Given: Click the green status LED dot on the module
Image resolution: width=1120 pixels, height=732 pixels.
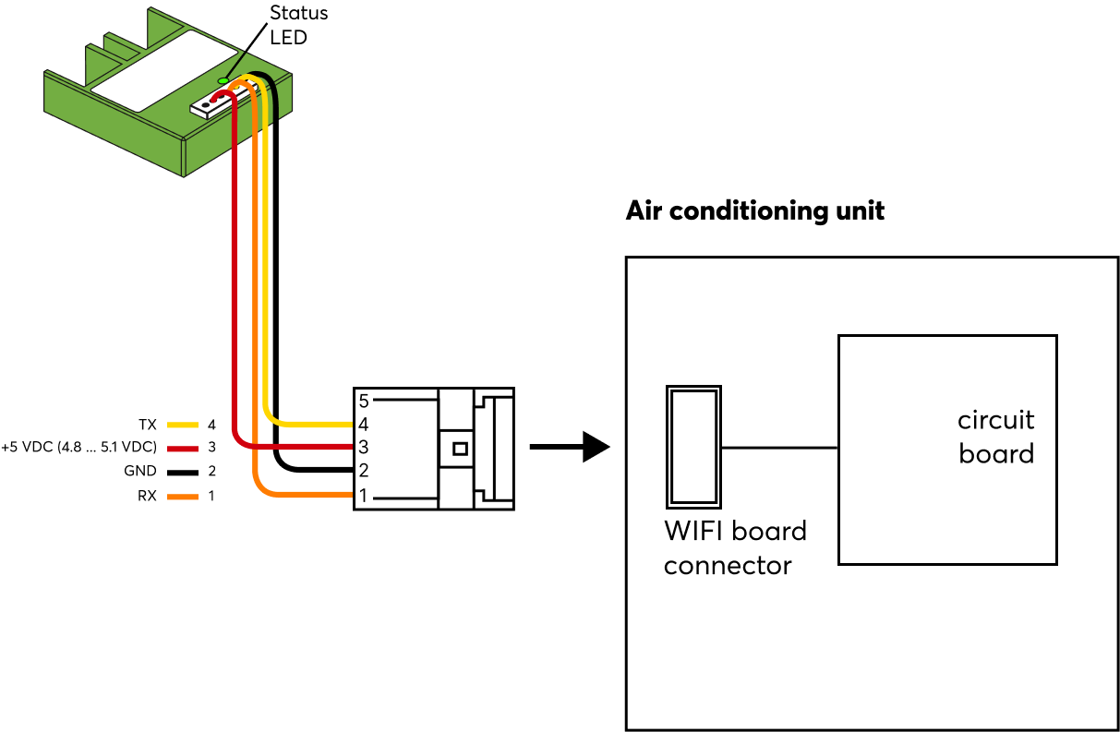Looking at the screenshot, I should pos(223,81).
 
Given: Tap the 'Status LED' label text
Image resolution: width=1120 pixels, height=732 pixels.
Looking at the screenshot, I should pos(297,26).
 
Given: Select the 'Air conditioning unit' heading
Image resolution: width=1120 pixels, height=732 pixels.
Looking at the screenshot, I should pos(754,210).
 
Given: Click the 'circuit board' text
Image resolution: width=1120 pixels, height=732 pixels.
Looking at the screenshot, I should pos(995,437).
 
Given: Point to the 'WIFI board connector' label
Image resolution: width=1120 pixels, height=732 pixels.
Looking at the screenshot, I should pos(735,547).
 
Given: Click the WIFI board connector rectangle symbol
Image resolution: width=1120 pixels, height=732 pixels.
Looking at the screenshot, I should pos(692,447).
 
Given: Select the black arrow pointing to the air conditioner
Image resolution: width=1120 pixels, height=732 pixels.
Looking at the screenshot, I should pos(570,448).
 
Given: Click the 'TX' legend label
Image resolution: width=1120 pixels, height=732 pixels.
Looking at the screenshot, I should pos(148,426).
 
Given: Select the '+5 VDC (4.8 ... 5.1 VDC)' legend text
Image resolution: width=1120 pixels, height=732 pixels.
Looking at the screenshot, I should pos(78,448).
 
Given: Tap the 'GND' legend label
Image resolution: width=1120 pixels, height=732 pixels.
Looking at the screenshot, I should pos(139,472).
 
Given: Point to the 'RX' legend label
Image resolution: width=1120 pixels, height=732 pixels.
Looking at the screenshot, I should pos(147,496).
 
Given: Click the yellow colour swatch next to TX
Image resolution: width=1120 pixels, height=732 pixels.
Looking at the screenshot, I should pos(183,426).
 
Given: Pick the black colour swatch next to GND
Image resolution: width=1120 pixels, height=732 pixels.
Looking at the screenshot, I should pos(183,472).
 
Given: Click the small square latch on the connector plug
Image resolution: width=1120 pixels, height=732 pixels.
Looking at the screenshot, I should pos(459,449).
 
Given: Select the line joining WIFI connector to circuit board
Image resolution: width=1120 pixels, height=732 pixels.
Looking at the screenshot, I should pos(779,448).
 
